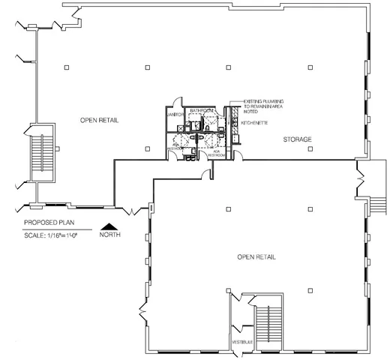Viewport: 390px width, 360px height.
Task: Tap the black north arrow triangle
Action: coord(110,224)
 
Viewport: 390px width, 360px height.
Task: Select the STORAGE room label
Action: coord(298,140)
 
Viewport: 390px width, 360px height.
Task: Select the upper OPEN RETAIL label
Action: coord(100,120)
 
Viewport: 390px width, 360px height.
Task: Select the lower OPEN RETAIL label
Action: coord(257,257)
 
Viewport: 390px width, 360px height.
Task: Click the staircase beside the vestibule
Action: coord(267,324)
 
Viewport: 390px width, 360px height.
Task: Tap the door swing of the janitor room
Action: coord(175,103)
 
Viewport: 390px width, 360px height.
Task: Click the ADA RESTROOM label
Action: coord(217,153)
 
